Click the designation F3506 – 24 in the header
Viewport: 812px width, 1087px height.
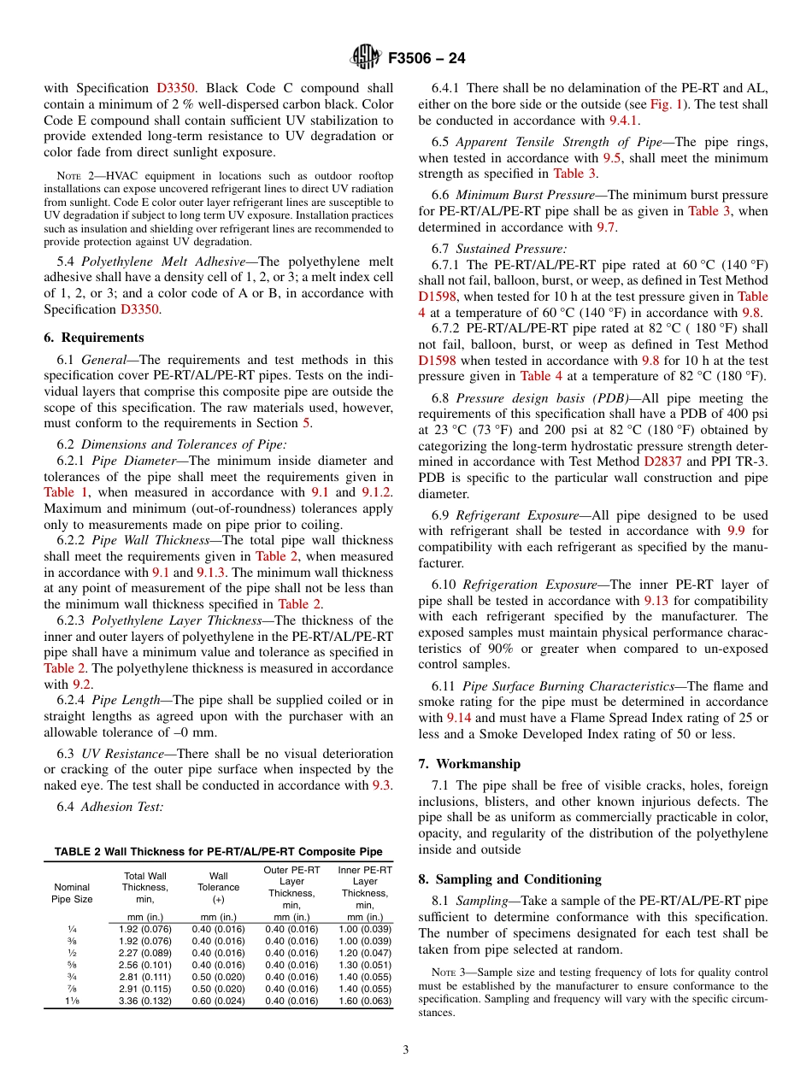[427, 59]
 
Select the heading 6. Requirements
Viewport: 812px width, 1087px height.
[94, 338]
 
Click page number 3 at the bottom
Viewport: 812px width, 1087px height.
[406, 1050]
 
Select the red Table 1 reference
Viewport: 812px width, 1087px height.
[65, 492]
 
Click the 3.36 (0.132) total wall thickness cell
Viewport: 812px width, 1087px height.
[144, 1002]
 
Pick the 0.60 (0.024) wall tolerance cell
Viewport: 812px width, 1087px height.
[218, 1002]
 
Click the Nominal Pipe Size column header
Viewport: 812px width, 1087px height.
[72, 893]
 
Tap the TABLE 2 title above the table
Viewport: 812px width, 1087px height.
[218, 851]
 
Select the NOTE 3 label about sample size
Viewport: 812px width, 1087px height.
[447, 972]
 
